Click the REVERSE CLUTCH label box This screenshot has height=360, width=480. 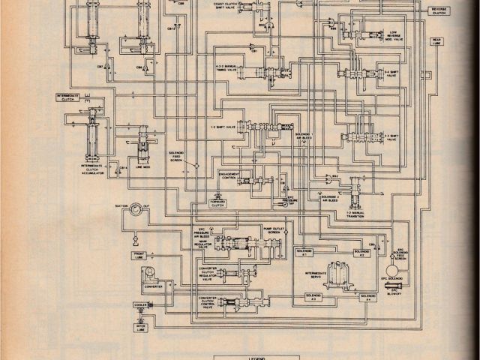438,10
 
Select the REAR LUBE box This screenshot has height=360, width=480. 437,42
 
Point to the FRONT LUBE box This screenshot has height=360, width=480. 142,255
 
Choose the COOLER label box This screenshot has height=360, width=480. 141,305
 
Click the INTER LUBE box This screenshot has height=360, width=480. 142,326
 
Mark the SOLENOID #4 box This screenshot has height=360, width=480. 366,298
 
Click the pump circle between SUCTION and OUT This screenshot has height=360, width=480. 136,210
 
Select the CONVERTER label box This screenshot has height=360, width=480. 153,285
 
